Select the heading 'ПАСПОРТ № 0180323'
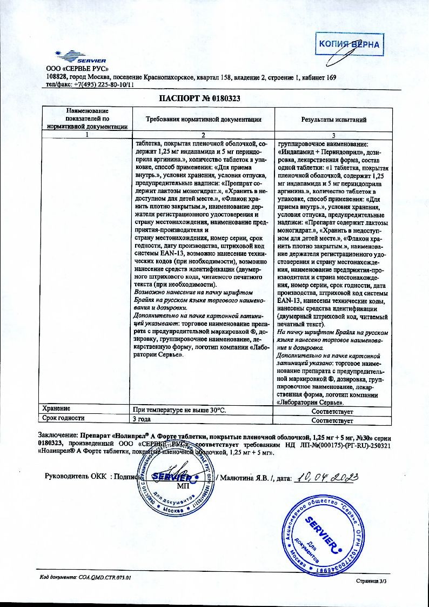pyautogui.click(x=199, y=99)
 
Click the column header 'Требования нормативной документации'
pyautogui.click(x=204, y=119)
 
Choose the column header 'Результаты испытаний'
pyautogui.click(x=333, y=119)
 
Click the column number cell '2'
pyautogui.click(x=204, y=135)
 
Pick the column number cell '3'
pyautogui.click(x=333, y=135)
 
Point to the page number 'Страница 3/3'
pyautogui.click(x=372, y=580)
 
